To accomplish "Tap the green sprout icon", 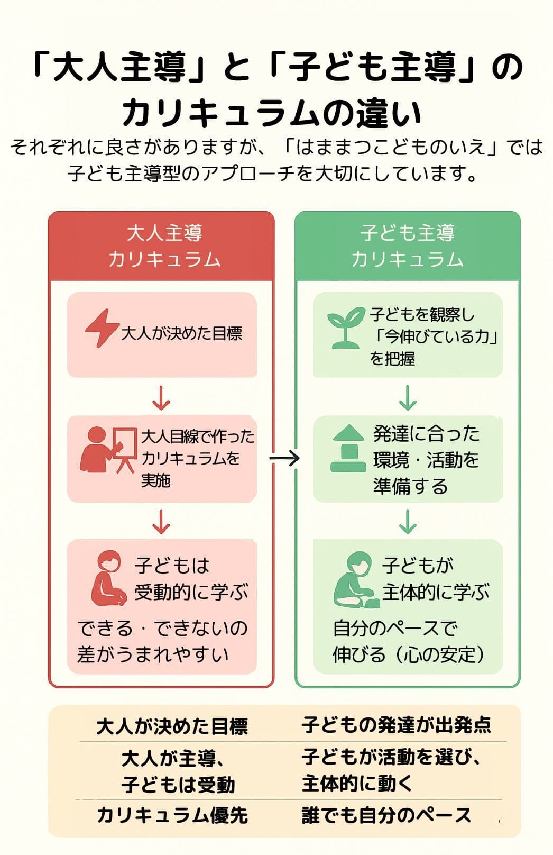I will click(345, 329).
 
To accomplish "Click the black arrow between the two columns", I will click(284, 458).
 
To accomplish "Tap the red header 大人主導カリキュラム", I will click(164, 246).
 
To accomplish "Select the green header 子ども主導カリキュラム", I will click(407, 246).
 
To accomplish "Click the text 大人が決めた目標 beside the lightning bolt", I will click(182, 334).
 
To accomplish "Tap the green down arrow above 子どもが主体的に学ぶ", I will click(408, 522).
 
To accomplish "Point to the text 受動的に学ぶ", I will click(191, 592).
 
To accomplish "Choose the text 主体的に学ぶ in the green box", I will click(436, 592).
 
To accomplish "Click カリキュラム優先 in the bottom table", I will click(172, 815).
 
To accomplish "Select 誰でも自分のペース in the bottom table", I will click(386, 815).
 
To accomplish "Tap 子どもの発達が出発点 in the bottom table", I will click(396, 725).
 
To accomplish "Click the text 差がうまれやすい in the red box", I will click(153, 654).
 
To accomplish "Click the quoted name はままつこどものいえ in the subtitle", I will click(391, 147).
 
